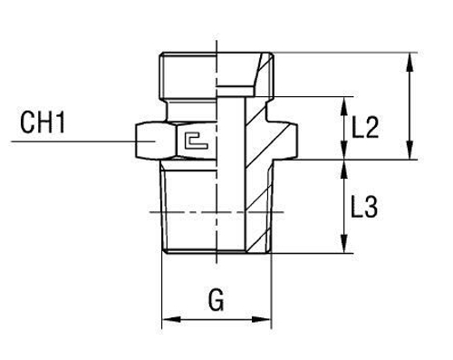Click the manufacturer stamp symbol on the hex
pos(192,140)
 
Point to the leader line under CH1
pos(72,141)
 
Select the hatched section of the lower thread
pos(258,209)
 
